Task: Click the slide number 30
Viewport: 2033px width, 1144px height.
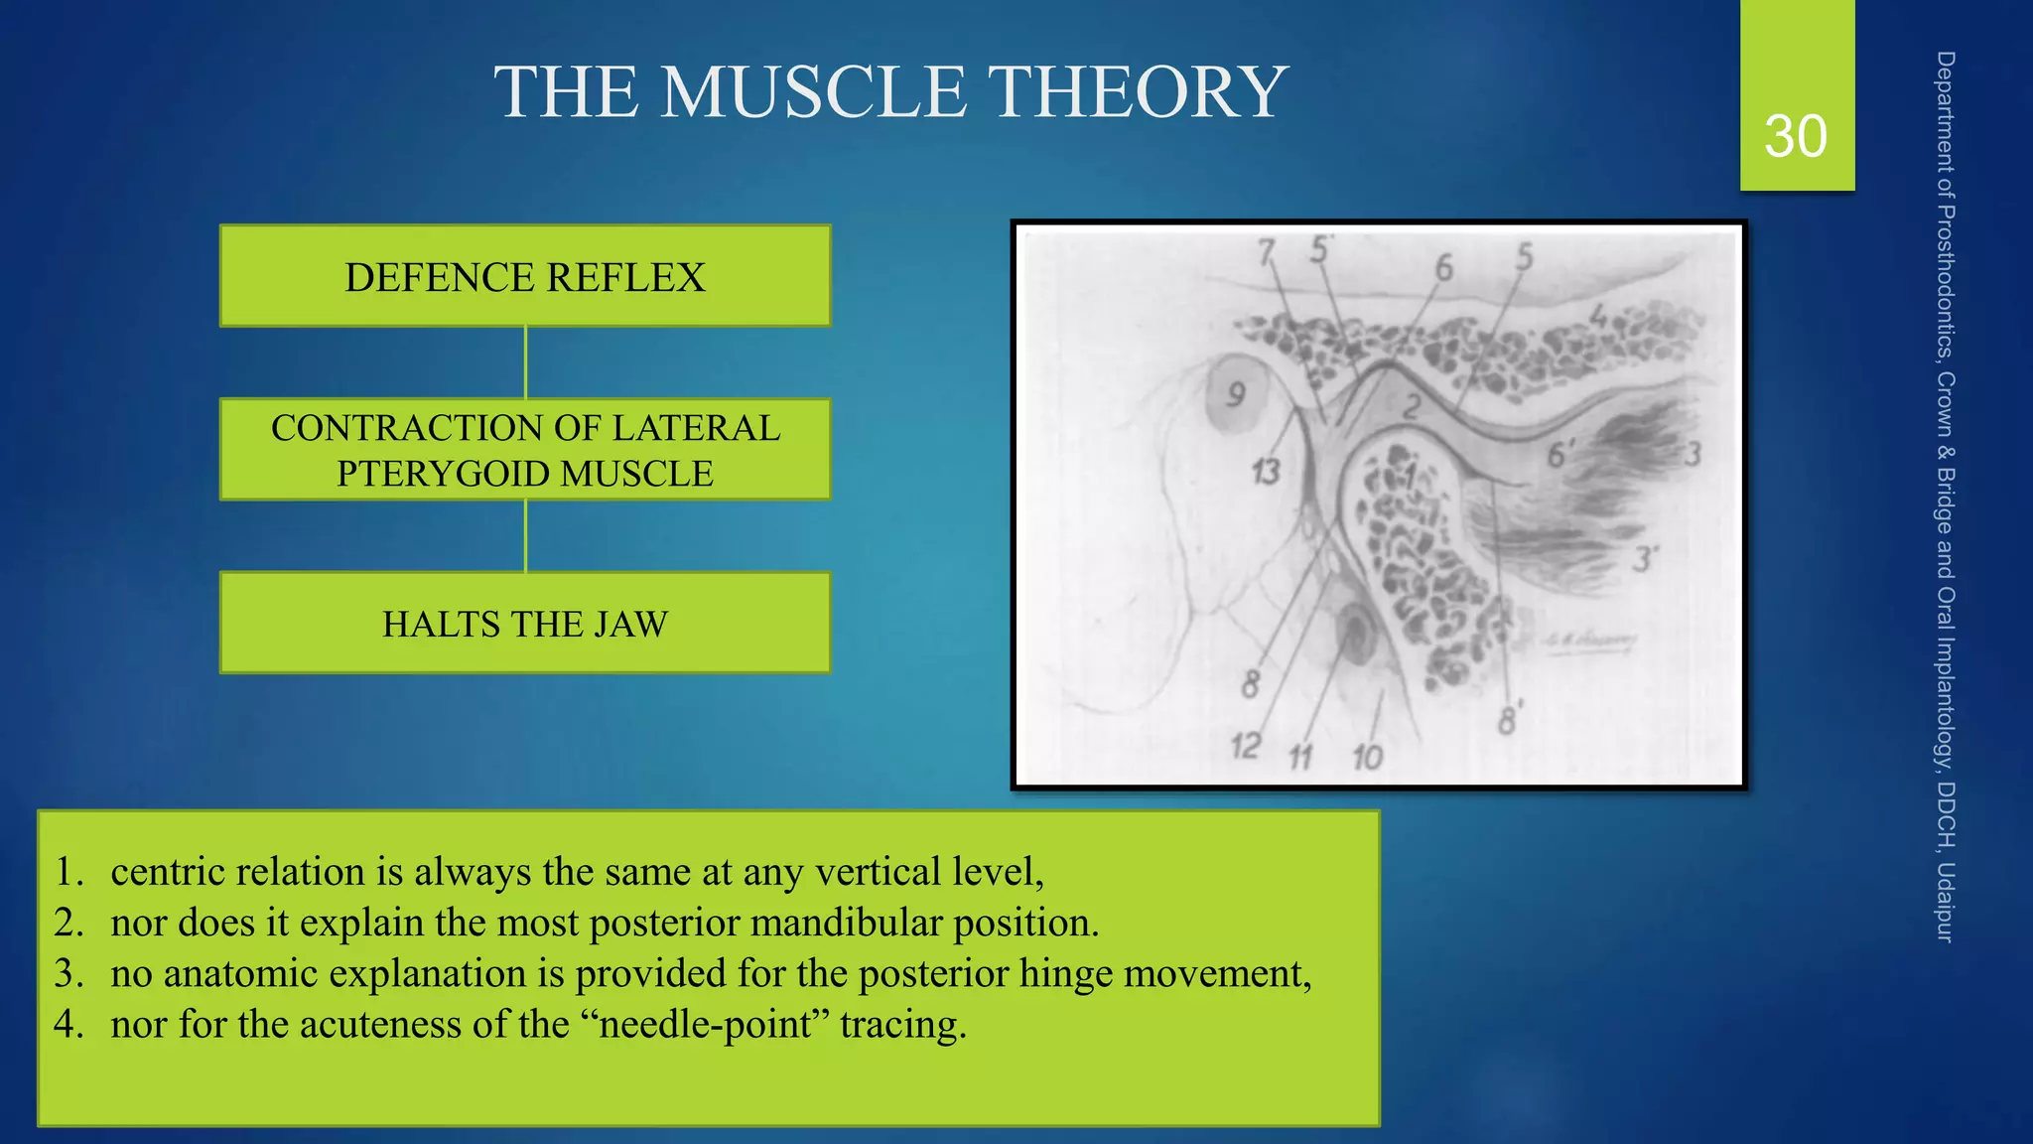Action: click(x=1795, y=136)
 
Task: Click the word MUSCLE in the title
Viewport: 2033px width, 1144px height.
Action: click(x=813, y=92)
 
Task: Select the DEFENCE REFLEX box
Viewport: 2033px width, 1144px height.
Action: click(x=524, y=276)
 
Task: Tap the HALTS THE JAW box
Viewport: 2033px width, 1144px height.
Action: click(x=524, y=624)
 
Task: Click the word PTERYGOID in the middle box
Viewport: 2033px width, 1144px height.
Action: click(x=442, y=474)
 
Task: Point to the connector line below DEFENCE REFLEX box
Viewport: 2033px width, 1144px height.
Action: click(x=525, y=362)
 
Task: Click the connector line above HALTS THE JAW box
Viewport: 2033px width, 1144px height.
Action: click(x=525, y=536)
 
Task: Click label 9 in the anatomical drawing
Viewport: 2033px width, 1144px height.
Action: click(x=1235, y=395)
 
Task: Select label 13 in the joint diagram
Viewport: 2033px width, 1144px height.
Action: click(x=1266, y=471)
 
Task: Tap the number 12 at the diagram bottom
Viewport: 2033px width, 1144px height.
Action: click(x=1245, y=745)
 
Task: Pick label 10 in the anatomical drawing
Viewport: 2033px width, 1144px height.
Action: click(x=1367, y=758)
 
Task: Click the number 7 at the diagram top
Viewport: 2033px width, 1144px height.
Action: click(x=1266, y=254)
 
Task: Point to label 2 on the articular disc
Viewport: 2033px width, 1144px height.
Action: click(x=1412, y=406)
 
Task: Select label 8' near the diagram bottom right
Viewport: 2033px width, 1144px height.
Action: click(x=1509, y=719)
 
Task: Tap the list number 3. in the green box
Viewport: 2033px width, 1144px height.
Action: click(x=68, y=973)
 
